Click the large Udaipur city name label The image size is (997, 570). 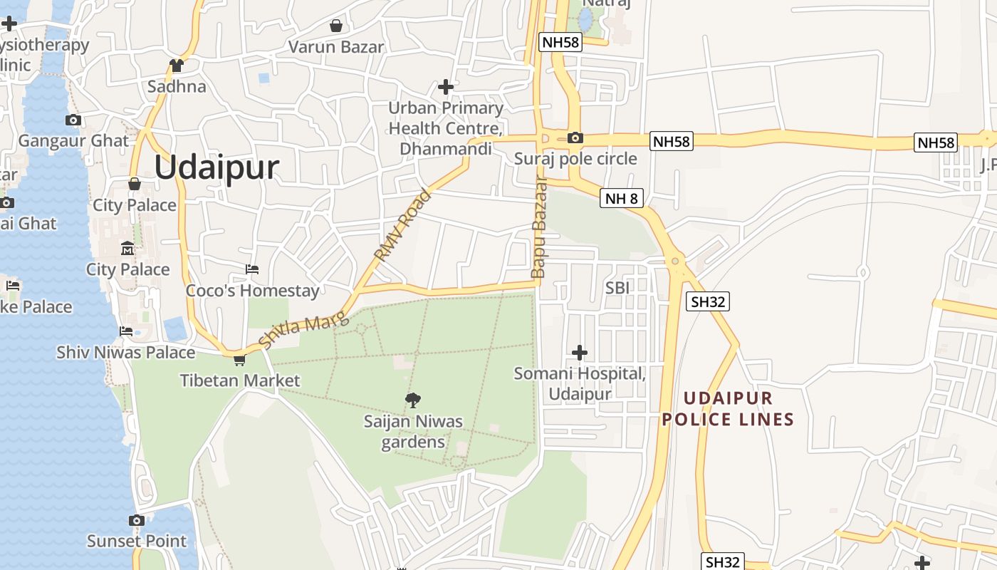[216, 167]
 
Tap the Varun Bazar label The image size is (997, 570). [336, 47]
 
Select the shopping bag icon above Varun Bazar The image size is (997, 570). [336, 26]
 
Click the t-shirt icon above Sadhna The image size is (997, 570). [177, 66]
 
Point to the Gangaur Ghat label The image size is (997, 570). [74, 140]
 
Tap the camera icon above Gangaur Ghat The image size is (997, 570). [73, 120]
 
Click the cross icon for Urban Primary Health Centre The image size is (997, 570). [446, 87]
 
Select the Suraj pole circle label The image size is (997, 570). [575, 158]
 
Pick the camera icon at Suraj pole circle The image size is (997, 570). [575, 138]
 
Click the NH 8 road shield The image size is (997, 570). [622, 198]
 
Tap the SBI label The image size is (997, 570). [617, 288]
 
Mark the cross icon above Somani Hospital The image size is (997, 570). [580, 353]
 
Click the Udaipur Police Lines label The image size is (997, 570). [728, 409]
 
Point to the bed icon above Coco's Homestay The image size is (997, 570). [252, 269]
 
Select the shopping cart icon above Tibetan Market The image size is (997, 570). [240, 360]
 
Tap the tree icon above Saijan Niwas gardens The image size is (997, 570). [412, 400]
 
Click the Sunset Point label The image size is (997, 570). [137, 541]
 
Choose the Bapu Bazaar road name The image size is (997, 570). [538, 228]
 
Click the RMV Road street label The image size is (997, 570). [403, 224]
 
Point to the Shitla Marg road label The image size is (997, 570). [304, 331]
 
